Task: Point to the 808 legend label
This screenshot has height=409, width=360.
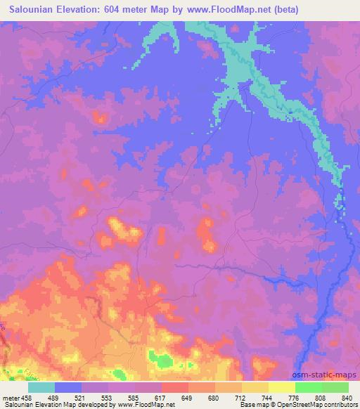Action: (321, 398)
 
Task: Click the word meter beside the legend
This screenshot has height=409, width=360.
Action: (11, 398)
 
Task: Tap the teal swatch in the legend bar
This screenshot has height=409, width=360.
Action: (41, 387)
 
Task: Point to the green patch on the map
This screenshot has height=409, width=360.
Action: (164, 361)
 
